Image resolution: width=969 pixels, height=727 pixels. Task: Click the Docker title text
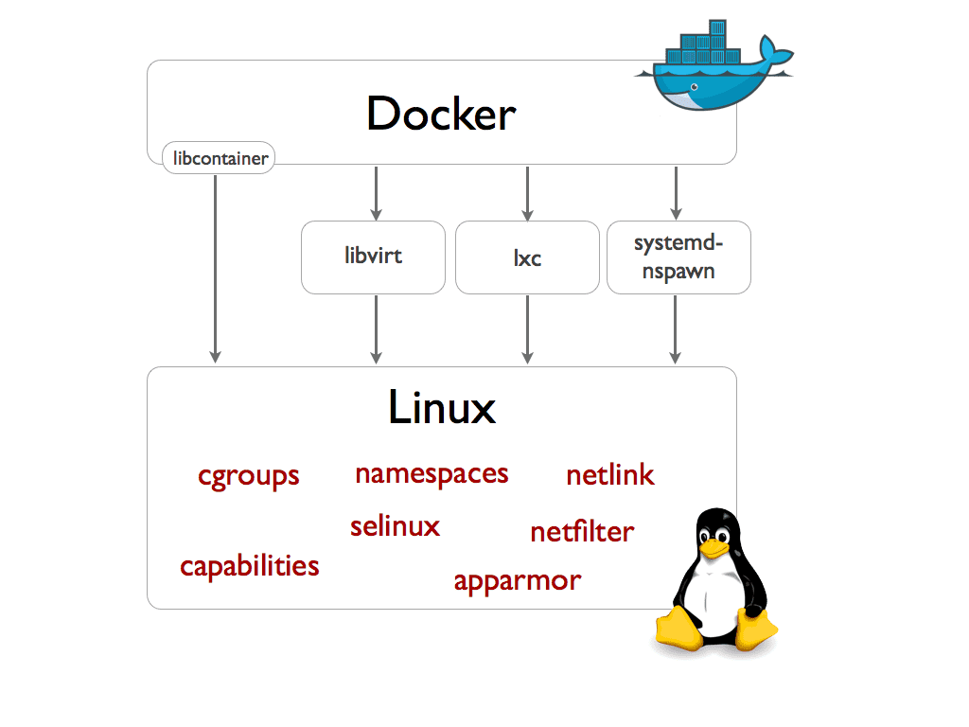tap(441, 115)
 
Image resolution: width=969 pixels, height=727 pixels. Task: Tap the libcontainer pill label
tap(219, 158)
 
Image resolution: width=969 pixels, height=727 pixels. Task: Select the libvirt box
tap(373, 257)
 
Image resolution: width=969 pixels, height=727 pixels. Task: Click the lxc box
tap(527, 257)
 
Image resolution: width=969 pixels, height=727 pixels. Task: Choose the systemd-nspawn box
tap(678, 257)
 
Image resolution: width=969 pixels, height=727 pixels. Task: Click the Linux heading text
tap(441, 408)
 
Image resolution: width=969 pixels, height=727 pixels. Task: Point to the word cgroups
tap(249, 475)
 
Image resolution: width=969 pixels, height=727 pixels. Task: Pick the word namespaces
tap(432, 473)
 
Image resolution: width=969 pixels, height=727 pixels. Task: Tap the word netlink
tap(609, 475)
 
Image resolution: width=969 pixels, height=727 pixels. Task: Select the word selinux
tap(395, 526)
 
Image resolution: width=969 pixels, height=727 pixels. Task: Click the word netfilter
tap(582, 532)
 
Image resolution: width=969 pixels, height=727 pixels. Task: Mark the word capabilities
tap(250, 566)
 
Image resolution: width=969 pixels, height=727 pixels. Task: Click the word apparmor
tap(517, 580)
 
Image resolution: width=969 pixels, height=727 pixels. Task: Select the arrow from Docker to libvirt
tap(377, 193)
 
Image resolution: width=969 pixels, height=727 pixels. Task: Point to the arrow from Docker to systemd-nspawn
tap(675, 193)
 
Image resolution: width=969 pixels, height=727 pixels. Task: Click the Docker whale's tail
tap(778, 54)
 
